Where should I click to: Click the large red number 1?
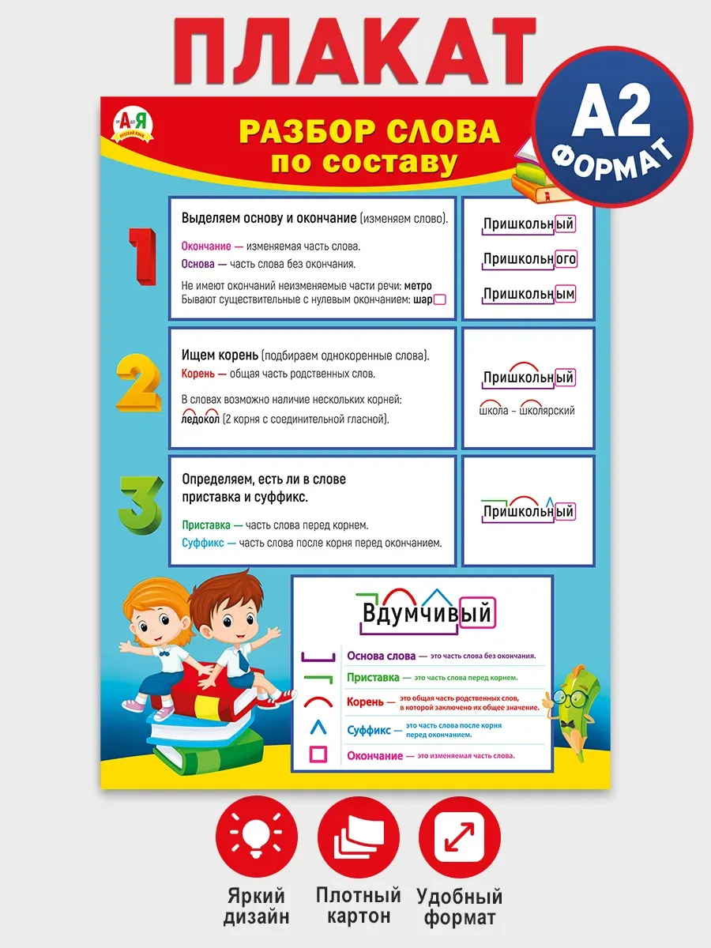tap(143, 256)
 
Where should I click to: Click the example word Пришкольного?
tap(529, 259)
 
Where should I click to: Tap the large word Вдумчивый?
tap(427, 614)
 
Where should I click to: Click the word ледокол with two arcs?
tap(200, 419)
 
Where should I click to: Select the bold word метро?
tap(417, 286)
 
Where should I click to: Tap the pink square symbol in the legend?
tap(318, 755)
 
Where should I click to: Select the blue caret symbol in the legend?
tap(317, 728)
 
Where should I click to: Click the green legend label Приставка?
tap(373, 678)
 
